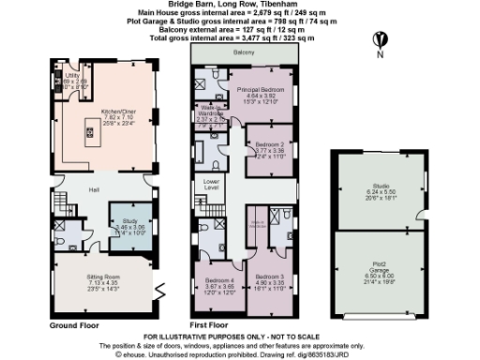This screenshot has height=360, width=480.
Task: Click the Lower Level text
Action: pyautogui.click(x=211, y=184)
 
